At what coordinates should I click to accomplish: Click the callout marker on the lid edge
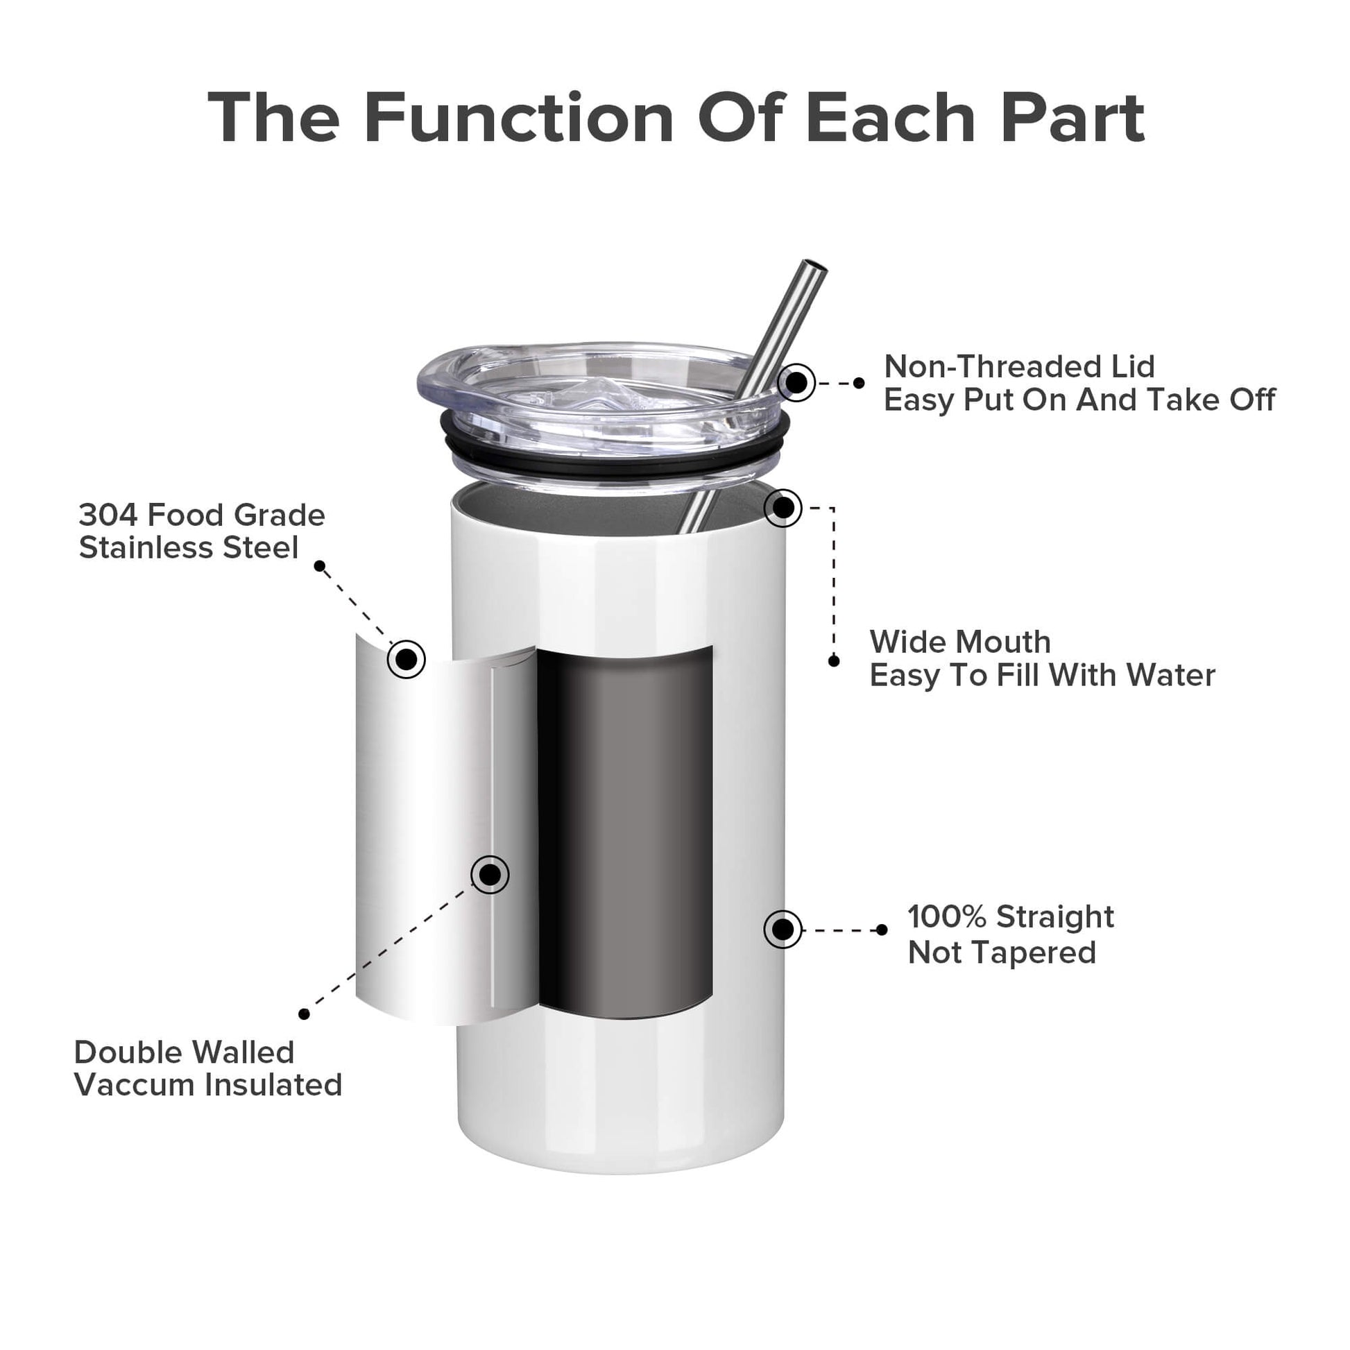click(796, 383)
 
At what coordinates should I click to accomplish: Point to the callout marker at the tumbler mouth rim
click(783, 508)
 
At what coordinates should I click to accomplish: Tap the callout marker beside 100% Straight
click(783, 930)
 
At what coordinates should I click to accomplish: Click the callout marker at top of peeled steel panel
click(406, 658)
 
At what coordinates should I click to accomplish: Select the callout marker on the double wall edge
click(490, 874)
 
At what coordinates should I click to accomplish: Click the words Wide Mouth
click(960, 642)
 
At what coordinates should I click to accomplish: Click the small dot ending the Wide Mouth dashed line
click(834, 661)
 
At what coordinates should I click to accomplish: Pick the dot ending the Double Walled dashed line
click(304, 1014)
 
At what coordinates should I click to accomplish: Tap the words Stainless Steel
click(189, 547)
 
